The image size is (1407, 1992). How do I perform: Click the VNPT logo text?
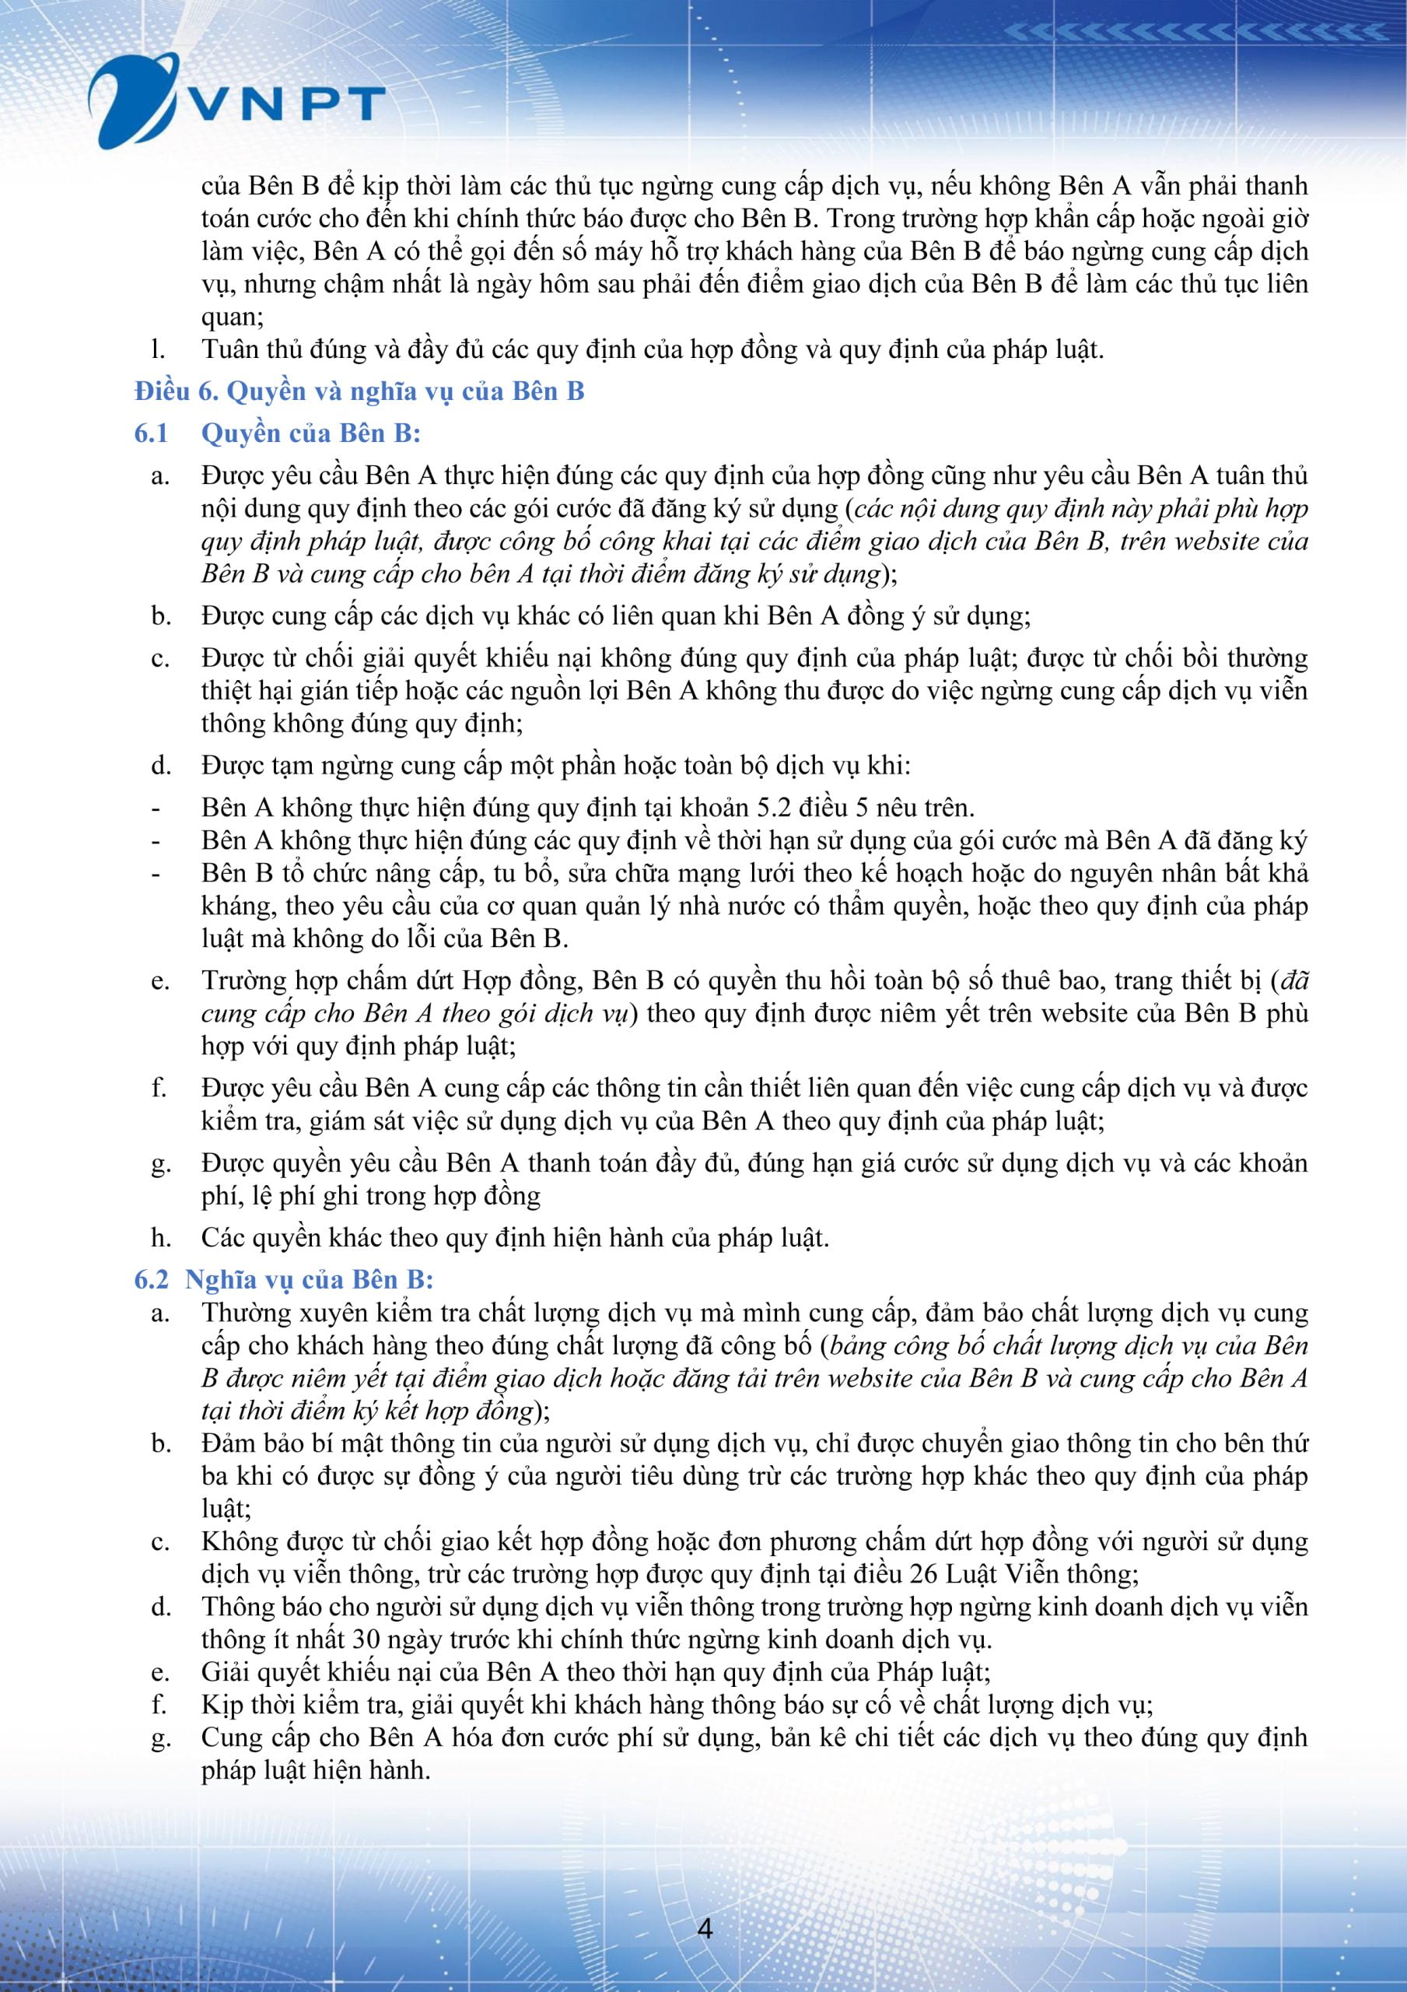[x=286, y=104]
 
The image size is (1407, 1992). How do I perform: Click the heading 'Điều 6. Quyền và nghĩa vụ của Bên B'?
[x=359, y=392]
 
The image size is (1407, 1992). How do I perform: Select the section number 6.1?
[x=151, y=433]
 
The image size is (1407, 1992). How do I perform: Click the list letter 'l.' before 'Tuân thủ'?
[x=158, y=349]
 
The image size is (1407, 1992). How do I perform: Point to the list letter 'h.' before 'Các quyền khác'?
[x=159, y=1237]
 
